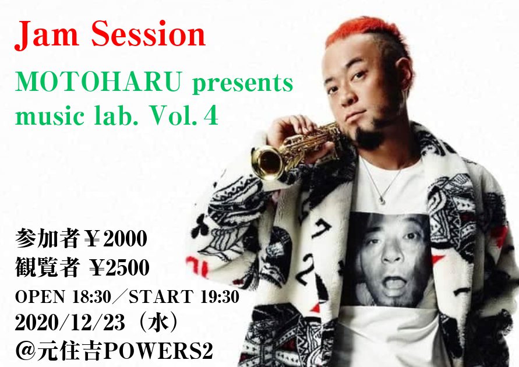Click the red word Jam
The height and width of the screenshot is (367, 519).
[47, 34]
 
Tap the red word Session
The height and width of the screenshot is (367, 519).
[149, 34]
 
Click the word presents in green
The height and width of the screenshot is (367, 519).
[243, 83]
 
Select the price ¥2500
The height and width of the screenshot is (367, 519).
[119, 267]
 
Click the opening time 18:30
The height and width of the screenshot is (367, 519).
[91, 297]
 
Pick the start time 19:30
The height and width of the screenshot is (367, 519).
[220, 297]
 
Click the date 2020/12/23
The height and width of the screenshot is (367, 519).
[70, 323]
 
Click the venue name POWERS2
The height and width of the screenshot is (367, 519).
[159, 351]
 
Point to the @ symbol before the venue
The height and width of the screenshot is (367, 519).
[25, 351]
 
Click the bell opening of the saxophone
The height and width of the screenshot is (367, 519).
[267, 162]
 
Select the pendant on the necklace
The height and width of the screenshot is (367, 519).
[382, 200]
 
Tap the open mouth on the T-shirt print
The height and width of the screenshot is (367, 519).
[394, 283]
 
